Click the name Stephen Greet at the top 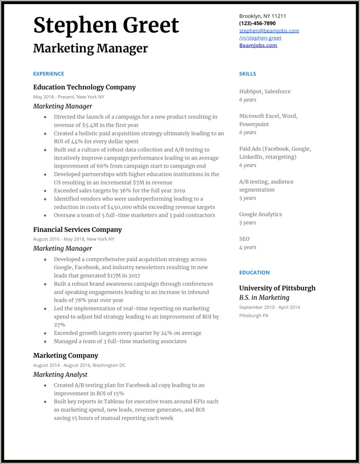(x=106, y=25)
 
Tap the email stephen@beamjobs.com (x=269, y=31)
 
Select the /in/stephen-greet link (x=260, y=38)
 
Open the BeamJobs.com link (x=258, y=45)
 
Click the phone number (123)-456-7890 (x=257, y=23)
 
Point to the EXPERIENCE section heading (x=49, y=74)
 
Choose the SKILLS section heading (x=247, y=74)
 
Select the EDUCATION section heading (x=254, y=272)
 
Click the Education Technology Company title (x=84, y=87)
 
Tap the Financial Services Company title (x=77, y=229)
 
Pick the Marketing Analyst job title (x=60, y=375)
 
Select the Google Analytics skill (x=260, y=214)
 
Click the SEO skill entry (x=244, y=239)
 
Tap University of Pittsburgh (x=277, y=288)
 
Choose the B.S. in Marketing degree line (x=264, y=298)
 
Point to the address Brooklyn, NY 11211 (x=263, y=16)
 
